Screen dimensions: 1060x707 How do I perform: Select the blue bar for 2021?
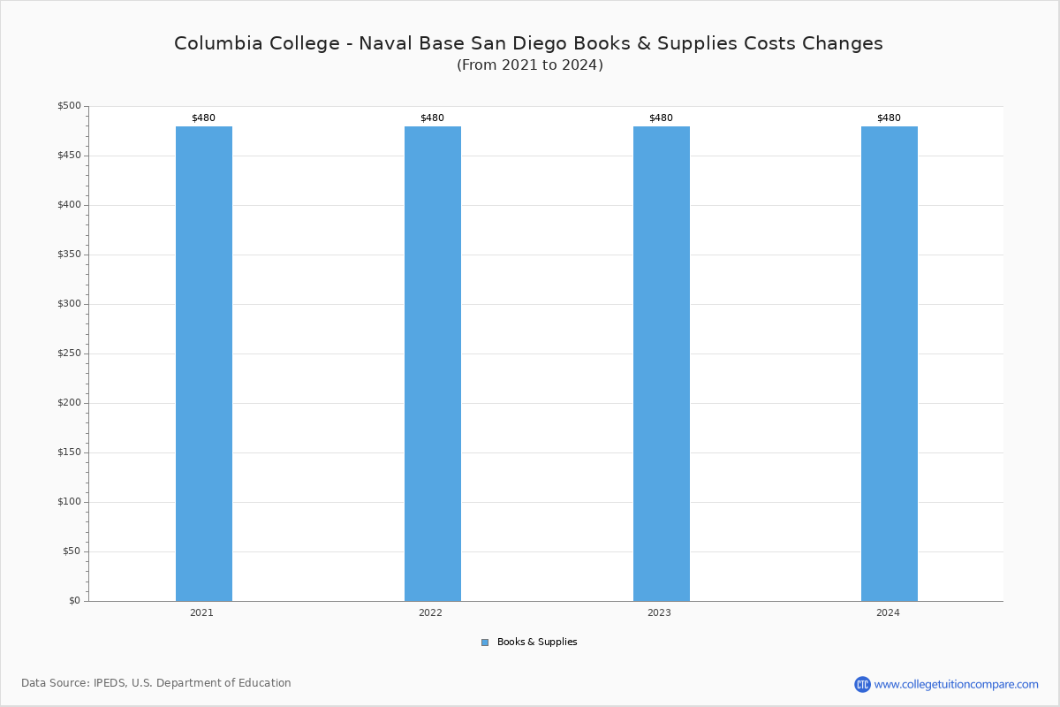pos(204,364)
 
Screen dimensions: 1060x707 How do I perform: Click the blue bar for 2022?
pos(433,364)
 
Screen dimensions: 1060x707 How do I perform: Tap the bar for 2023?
pos(662,364)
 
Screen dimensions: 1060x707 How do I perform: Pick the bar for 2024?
pos(890,364)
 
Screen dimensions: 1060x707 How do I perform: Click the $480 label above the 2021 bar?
pos(203,118)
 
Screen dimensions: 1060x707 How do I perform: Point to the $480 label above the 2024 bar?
pos(889,118)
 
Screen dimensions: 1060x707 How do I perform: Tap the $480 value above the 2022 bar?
pos(432,118)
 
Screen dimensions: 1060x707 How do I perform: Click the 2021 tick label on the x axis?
pos(201,612)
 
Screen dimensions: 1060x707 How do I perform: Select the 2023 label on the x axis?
pos(659,612)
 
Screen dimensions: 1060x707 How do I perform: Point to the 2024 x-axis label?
pos(888,612)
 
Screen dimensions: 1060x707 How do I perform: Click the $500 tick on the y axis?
pos(69,105)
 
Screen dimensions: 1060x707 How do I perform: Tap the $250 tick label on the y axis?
pos(69,353)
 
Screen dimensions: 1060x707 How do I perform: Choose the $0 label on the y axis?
pos(75,601)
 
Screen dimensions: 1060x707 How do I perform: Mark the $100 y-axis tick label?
pos(69,501)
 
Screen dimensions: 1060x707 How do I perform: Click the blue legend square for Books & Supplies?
pos(485,642)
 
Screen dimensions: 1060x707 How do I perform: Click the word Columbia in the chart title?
pos(218,43)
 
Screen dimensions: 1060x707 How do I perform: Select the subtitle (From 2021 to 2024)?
pos(530,65)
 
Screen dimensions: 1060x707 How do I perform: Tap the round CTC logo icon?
pos(862,684)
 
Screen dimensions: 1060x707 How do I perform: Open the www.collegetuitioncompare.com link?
pos(957,684)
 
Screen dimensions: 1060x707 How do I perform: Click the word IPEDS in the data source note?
pos(110,683)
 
